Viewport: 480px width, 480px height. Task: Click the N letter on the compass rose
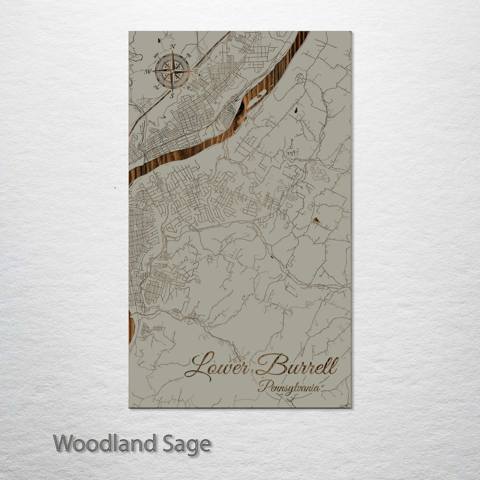173,46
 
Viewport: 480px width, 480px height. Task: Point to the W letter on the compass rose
148,71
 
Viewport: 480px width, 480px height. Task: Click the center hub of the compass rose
172,71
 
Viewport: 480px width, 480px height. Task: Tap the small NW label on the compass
156,55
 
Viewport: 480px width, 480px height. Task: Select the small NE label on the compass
188,56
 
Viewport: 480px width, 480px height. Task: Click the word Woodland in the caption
105,444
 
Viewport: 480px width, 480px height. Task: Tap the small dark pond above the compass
159,41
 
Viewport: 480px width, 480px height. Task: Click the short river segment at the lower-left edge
131,327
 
